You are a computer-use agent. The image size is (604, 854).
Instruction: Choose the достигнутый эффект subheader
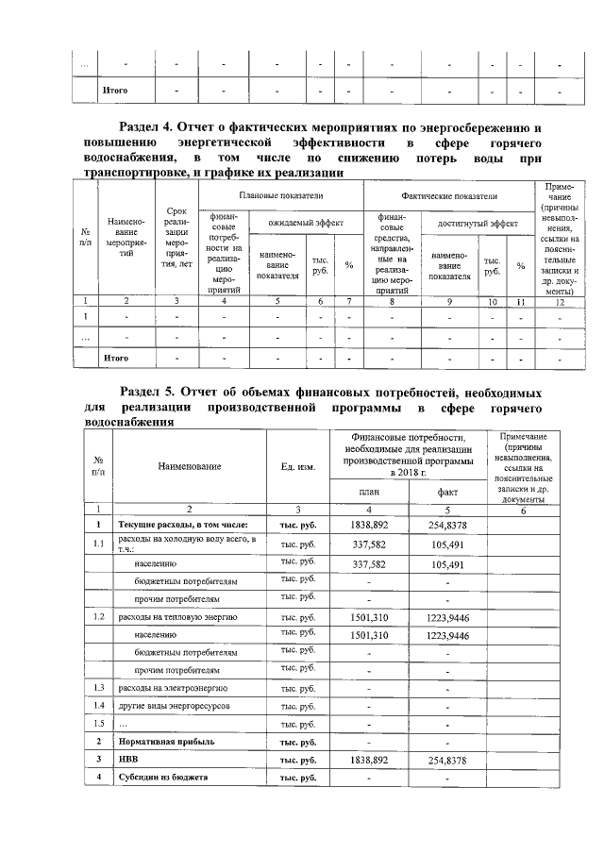coord(476,224)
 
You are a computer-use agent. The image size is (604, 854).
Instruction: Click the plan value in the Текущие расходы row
coord(368,525)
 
